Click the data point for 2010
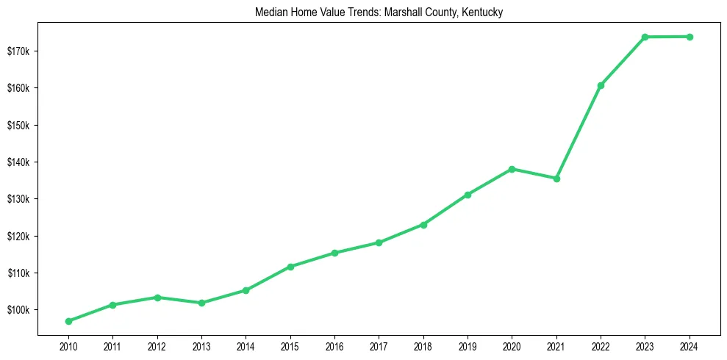68,321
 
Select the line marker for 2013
201,303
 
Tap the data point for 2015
290,267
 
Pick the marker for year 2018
423,225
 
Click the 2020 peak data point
512,169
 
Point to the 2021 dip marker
556,179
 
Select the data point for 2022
601,85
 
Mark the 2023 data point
645,37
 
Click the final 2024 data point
690,37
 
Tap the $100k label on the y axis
18,310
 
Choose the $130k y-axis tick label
18,199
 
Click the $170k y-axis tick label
18,51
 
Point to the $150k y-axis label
18,125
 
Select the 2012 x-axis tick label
157,346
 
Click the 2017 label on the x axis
379,346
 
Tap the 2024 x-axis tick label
690,346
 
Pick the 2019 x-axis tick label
468,346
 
